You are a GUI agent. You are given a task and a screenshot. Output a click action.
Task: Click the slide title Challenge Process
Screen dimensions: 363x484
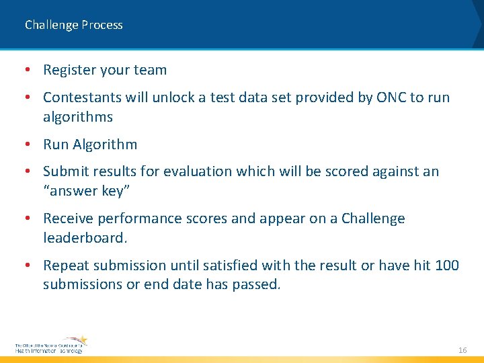pyautogui.click(x=74, y=25)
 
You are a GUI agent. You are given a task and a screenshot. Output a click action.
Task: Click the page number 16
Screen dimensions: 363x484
pyautogui.click(x=462, y=350)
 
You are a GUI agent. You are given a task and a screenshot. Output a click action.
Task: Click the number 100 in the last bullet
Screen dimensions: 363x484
pyautogui.click(x=447, y=266)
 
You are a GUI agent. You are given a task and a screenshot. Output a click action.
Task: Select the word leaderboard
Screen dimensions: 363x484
pyautogui.click(x=83, y=237)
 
